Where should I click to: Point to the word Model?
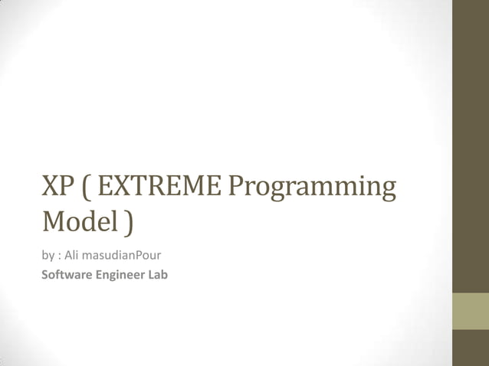[x=77, y=222]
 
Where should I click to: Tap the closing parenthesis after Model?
[x=126, y=223]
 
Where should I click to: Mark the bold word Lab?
[x=157, y=274]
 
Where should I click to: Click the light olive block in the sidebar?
[x=471, y=312]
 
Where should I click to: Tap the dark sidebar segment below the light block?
[x=471, y=348]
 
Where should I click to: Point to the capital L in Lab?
[x=152, y=274]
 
